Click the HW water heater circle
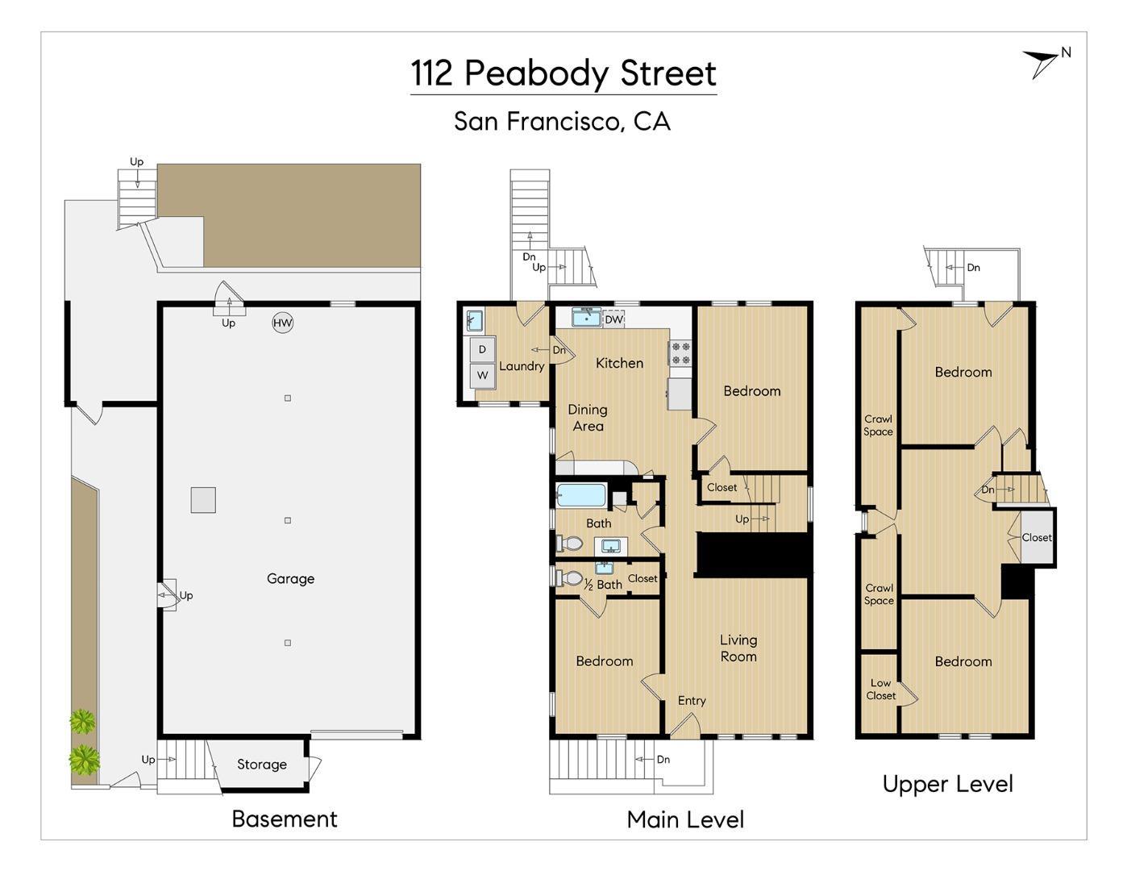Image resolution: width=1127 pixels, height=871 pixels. [282, 323]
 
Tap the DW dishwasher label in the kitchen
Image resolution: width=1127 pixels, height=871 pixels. [613, 319]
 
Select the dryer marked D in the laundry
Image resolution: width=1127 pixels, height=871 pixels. [482, 349]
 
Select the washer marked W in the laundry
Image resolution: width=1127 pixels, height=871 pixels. [482, 375]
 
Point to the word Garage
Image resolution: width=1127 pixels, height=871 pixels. [290, 578]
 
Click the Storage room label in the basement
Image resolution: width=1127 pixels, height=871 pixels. [261, 765]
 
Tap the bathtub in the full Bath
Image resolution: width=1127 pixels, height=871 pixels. [580, 494]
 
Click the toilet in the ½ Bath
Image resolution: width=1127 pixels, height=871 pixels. [570, 577]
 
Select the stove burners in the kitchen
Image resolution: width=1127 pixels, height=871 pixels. [680, 353]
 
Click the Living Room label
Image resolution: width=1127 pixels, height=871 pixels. [738, 648]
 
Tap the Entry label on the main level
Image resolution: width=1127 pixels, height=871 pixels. [691, 701]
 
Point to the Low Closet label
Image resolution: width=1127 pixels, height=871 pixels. [880, 689]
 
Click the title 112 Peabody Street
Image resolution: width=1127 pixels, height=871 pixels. [563, 73]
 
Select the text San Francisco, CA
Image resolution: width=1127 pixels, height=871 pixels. [562, 121]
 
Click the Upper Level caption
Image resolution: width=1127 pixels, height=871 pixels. [947, 784]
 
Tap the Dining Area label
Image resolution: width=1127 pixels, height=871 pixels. [588, 418]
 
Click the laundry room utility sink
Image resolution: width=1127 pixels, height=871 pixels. [474, 321]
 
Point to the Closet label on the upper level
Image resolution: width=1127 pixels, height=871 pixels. [1036, 537]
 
